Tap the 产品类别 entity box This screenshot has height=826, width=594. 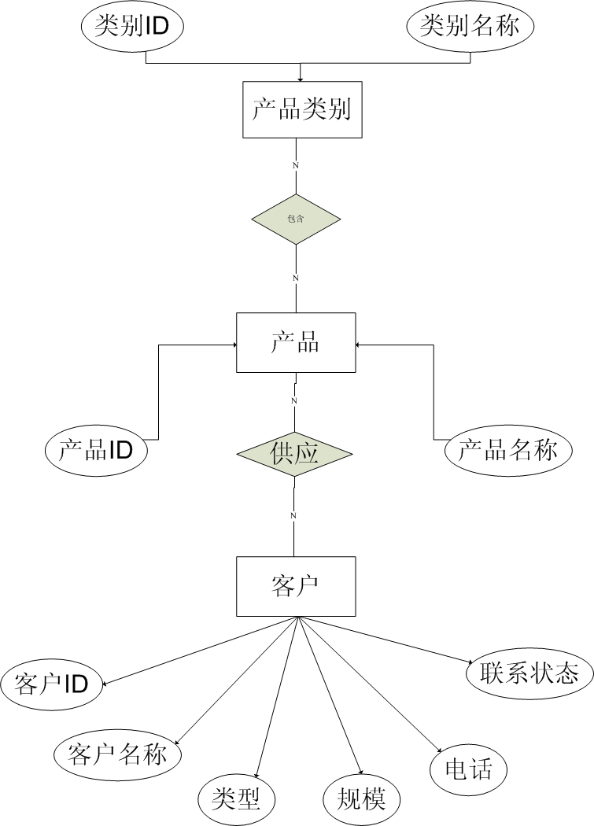click(x=301, y=109)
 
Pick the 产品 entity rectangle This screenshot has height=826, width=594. click(x=295, y=342)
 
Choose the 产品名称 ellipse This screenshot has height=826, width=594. click(x=507, y=451)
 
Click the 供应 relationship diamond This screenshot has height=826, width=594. click(x=294, y=455)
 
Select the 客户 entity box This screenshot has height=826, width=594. click(x=294, y=586)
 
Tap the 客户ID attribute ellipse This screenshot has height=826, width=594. click(x=52, y=683)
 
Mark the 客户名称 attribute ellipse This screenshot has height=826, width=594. click(x=117, y=755)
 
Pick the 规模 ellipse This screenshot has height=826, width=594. click(x=361, y=798)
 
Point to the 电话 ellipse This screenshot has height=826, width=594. click(x=468, y=768)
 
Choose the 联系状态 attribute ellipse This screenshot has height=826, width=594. click(x=523, y=673)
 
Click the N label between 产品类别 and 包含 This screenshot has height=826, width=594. click(x=296, y=165)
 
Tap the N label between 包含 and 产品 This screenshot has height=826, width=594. click(x=296, y=278)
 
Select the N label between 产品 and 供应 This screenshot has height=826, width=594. click(x=294, y=400)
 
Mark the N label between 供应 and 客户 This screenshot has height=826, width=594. click(x=293, y=515)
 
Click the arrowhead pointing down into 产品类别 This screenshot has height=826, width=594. click(x=301, y=79)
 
